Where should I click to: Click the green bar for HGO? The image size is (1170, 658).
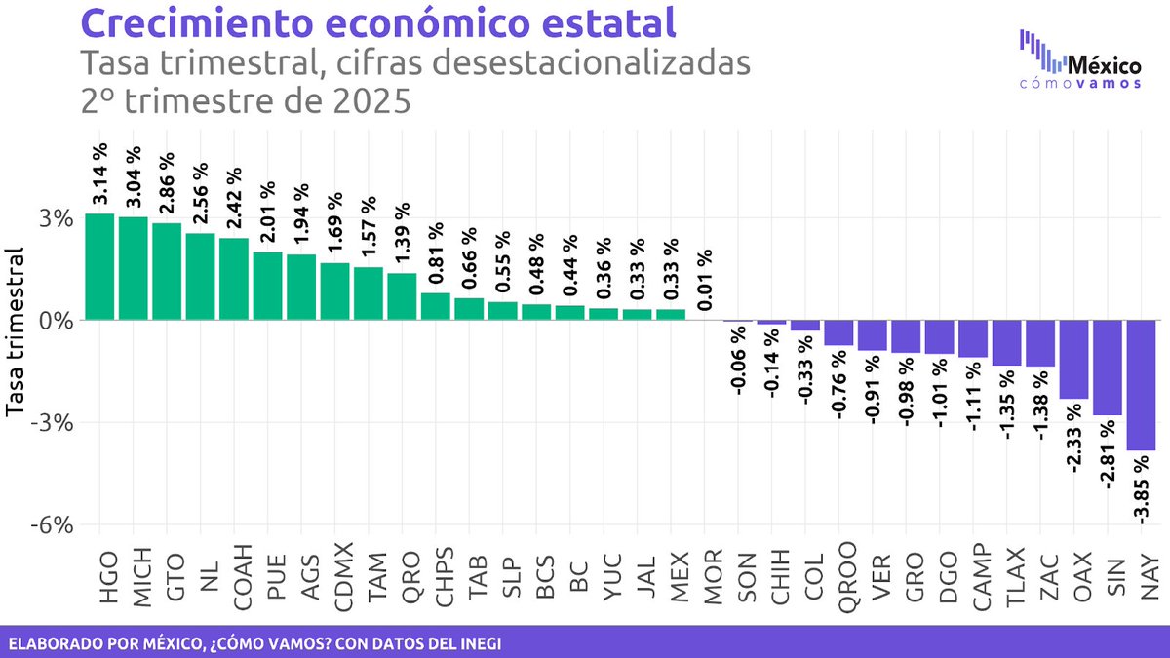(x=99, y=266)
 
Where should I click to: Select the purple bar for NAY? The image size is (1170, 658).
(x=1141, y=385)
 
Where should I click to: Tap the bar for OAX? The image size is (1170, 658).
(x=1073, y=359)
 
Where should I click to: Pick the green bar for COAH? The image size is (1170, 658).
(x=233, y=279)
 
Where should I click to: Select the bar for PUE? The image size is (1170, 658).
(x=267, y=286)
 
